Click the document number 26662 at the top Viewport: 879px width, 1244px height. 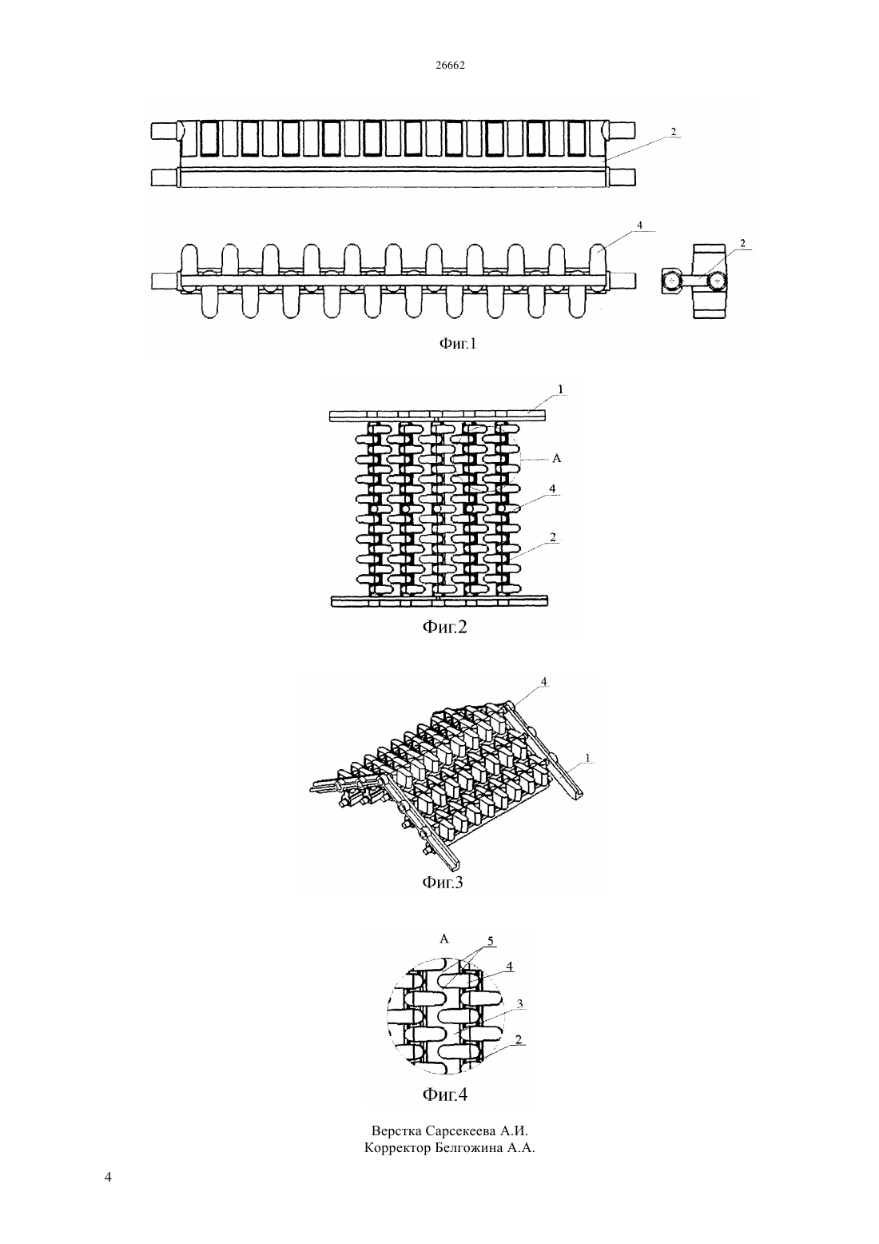click(450, 66)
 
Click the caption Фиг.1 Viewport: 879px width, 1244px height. click(459, 344)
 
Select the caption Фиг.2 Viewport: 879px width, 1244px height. click(445, 627)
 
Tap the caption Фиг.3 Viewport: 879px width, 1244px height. click(442, 882)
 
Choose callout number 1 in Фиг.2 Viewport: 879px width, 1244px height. click(560, 390)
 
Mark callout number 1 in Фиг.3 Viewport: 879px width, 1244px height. click(588, 757)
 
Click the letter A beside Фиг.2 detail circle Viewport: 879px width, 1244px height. click(557, 458)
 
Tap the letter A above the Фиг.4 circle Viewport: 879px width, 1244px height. click(443, 939)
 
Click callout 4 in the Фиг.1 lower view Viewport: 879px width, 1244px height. click(640, 225)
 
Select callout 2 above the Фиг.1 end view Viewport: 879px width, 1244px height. click(742, 243)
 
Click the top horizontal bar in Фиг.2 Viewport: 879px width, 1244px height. click(438, 415)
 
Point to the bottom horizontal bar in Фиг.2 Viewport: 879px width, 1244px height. click(439, 600)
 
